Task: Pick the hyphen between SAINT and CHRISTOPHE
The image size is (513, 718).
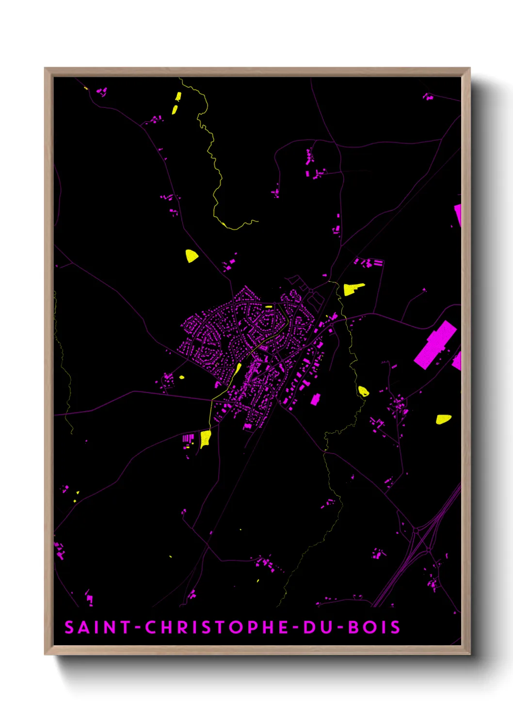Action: point(138,628)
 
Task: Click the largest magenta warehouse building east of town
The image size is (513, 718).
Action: point(435,344)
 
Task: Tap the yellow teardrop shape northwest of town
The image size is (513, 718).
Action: point(191,256)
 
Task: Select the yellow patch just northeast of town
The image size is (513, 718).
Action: point(353,289)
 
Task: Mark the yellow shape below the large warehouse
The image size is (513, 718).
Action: point(443,419)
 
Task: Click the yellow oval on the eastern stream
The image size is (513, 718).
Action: point(363,391)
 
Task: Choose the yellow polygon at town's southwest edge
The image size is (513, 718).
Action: point(206,438)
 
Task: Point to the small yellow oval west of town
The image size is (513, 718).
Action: point(182,377)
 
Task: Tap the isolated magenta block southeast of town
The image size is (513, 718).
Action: point(316,399)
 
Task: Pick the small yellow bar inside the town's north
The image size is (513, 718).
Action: point(269,307)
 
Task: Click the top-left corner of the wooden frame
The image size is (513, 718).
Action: point(45,68)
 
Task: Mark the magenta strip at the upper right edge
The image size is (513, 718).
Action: point(458,214)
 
